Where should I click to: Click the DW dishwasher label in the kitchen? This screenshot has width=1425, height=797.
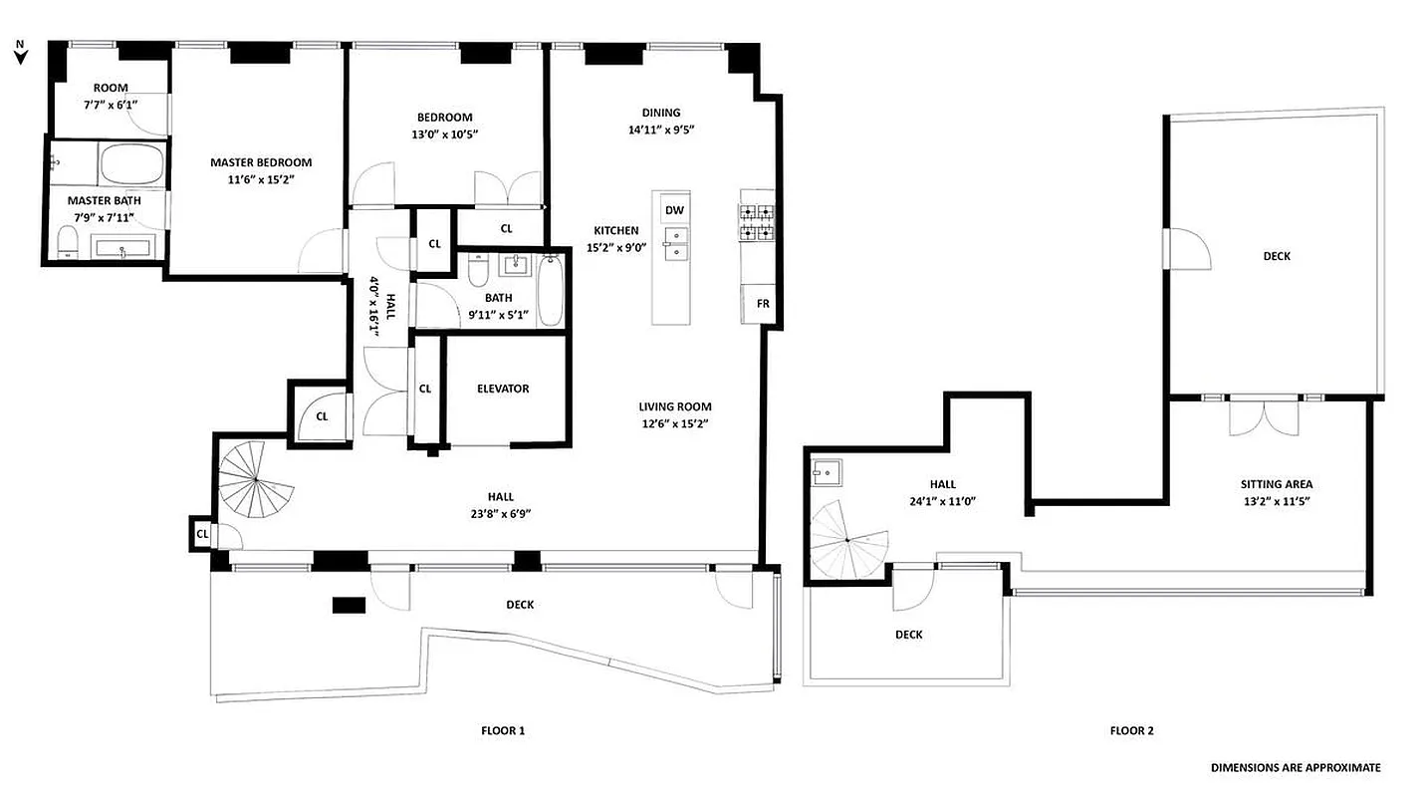674,210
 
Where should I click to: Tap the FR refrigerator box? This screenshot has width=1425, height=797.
763,304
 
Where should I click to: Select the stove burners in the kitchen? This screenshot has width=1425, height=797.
756,222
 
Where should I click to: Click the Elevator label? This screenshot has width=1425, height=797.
503,389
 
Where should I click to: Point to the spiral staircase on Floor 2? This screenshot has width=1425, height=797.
846,539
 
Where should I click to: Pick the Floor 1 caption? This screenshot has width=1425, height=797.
502,730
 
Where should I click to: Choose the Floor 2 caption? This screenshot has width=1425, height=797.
1132,730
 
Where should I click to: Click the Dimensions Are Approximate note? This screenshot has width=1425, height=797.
1296,767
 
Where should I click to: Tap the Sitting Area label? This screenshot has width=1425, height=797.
1276,484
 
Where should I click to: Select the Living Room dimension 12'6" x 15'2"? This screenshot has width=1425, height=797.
675,422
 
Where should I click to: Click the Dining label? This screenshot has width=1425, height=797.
661,113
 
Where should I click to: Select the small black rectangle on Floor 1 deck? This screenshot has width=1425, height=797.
349,604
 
